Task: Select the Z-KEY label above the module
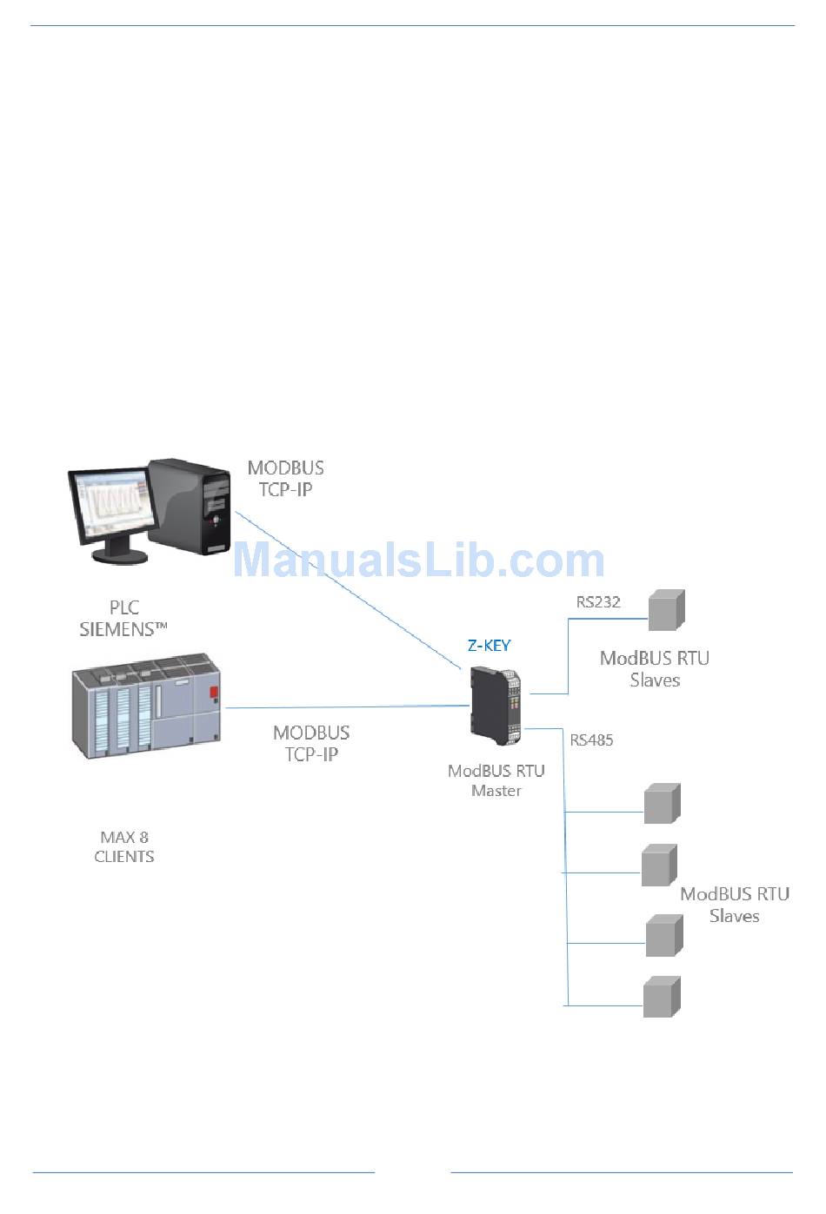[x=490, y=645]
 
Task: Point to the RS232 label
[x=598, y=601]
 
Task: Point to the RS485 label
[x=591, y=740]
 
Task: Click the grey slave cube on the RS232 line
[x=667, y=610]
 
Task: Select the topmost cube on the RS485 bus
[x=662, y=804]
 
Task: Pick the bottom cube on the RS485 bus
[x=662, y=997]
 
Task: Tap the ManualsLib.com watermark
[x=418, y=561]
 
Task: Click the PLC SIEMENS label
[x=123, y=618]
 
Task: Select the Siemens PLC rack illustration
[x=146, y=705]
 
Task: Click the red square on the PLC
[x=213, y=692]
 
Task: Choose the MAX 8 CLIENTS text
[x=124, y=847]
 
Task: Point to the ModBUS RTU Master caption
[x=496, y=780]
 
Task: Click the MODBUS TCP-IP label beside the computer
[x=286, y=479]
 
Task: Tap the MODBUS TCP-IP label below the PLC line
[x=311, y=744]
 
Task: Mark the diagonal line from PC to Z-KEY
[x=348, y=590]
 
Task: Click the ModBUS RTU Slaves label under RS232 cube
[x=655, y=669]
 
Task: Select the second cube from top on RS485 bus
[x=659, y=866]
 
